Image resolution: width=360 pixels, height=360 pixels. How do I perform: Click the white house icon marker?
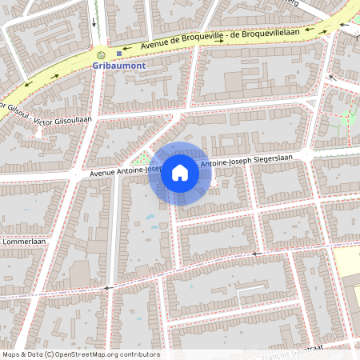180,173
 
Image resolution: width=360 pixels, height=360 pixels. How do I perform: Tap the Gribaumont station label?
120,66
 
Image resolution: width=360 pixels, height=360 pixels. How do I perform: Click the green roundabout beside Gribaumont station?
100,54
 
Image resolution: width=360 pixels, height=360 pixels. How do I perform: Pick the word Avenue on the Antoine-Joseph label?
103,172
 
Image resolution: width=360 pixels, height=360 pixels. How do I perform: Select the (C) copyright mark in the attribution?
50,354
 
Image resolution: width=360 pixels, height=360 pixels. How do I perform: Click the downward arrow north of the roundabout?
97,22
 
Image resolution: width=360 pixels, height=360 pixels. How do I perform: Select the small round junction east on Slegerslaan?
214,183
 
